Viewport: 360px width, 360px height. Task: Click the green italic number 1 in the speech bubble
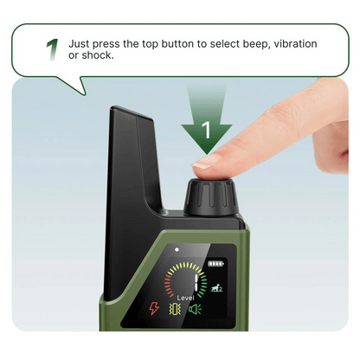pyautogui.click(x=52, y=49)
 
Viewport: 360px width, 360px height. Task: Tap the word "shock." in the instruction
pyautogui.click(x=98, y=55)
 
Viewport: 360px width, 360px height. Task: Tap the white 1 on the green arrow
pyautogui.click(x=206, y=130)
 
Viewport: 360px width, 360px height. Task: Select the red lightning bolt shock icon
pyautogui.click(x=154, y=308)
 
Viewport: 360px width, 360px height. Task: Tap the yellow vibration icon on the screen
pyautogui.click(x=175, y=309)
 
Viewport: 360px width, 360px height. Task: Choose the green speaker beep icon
pyautogui.click(x=195, y=309)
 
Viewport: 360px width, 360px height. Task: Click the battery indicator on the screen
pyautogui.click(x=216, y=264)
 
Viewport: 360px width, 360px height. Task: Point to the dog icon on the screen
pyautogui.click(x=216, y=287)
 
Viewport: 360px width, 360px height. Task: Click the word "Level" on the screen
pyautogui.click(x=185, y=298)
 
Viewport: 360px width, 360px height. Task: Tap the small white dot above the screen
pyautogui.click(x=177, y=249)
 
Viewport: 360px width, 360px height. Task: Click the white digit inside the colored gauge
pyautogui.click(x=196, y=282)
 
